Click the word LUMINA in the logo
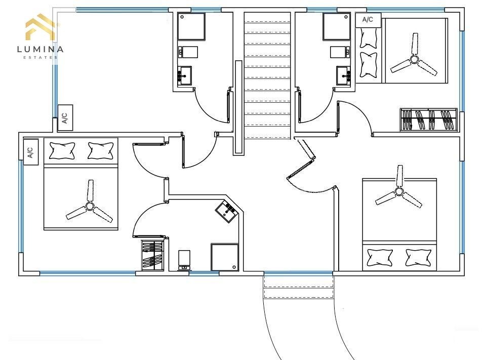point(40,49)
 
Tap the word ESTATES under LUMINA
point(40,57)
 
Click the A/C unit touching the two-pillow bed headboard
point(30,152)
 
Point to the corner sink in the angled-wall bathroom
point(227,211)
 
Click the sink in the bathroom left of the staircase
point(184,74)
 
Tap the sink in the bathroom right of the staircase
point(344,74)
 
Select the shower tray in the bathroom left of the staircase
point(191,26)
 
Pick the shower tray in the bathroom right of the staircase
point(337,26)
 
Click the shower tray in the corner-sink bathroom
point(225,257)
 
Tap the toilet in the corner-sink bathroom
point(184,260)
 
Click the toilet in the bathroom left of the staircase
point(188,52)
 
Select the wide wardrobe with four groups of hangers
point(429,119)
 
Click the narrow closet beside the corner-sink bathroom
point(152,256)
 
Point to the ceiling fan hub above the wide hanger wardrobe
point(414,59)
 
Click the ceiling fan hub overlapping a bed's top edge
point(399,191)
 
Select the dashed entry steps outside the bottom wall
point(299,287)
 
